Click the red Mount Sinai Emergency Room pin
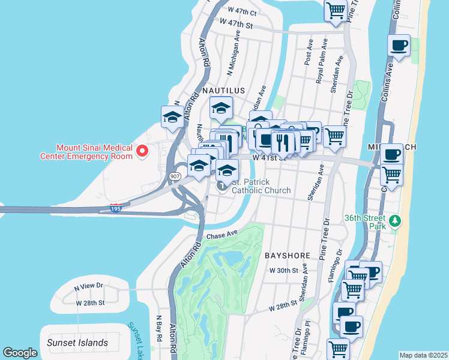click(142, 151)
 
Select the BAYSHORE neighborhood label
click(288, 255)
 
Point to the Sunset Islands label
click(77, 343)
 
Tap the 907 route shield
click(175, 176)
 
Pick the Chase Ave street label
click(223, 236)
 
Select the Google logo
click(20, 353)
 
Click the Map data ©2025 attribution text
click(423, 355)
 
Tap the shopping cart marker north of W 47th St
click(336, 10)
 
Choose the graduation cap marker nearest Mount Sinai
click(172, 117)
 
